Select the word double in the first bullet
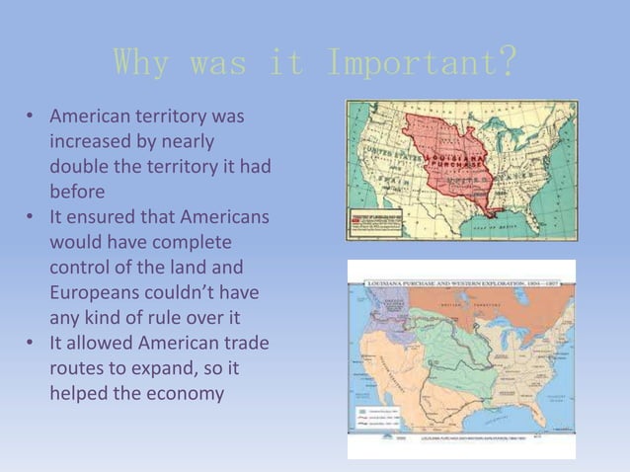79,167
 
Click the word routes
78,367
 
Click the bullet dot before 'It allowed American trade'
31,343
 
